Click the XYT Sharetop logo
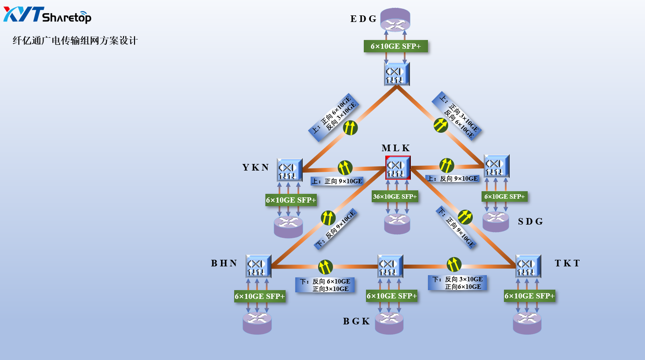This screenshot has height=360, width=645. point(47,15)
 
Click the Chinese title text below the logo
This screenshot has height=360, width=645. point(75,41)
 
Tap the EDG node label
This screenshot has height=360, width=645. point(363,19)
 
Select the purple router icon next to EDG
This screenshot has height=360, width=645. point(395,20)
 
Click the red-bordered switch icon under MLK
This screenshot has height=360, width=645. point(398,167)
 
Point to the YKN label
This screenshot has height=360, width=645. point(255,167)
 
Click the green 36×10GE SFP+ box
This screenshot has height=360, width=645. point(395,196)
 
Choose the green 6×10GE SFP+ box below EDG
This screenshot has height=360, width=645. point(395,46)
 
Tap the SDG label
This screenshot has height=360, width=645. point(530,222)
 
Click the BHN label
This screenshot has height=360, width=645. point(224,263)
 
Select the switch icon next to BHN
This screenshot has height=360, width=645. point(258,266)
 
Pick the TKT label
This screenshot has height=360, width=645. point(567,263)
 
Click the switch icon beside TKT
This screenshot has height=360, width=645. point(528,266)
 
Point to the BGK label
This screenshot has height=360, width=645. point(356,321)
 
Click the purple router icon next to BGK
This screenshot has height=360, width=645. point(389,323)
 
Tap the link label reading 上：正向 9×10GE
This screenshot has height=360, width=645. point(337,181)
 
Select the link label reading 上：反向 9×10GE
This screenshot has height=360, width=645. point(452,178)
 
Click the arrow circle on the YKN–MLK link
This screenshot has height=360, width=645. point(345,167)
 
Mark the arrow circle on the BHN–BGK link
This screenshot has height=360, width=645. point(325,267)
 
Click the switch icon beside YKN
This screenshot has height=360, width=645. point(289,170)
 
